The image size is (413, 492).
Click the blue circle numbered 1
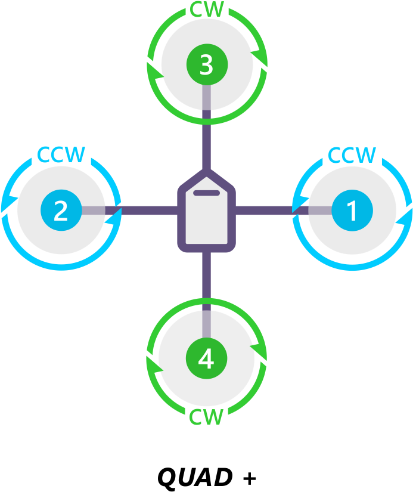coord(352,211)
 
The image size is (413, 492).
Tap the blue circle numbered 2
coord(61,211)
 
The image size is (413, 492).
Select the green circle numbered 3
coord(206,64)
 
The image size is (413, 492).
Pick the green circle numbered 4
coord(206,359)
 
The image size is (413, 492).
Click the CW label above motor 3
coord(207,10)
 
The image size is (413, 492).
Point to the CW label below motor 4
coord(206,417)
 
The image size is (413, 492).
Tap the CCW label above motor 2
coord(61,155)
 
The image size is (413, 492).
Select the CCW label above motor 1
coord(352,156)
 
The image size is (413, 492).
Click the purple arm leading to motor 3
coord(206,143)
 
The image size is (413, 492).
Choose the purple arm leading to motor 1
coord(265,211)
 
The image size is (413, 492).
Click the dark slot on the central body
coord(206,193)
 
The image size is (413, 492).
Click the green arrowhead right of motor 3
coord(260,57)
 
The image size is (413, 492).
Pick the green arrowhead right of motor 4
coord(258,349)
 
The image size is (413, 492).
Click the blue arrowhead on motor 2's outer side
coord(8,203)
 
